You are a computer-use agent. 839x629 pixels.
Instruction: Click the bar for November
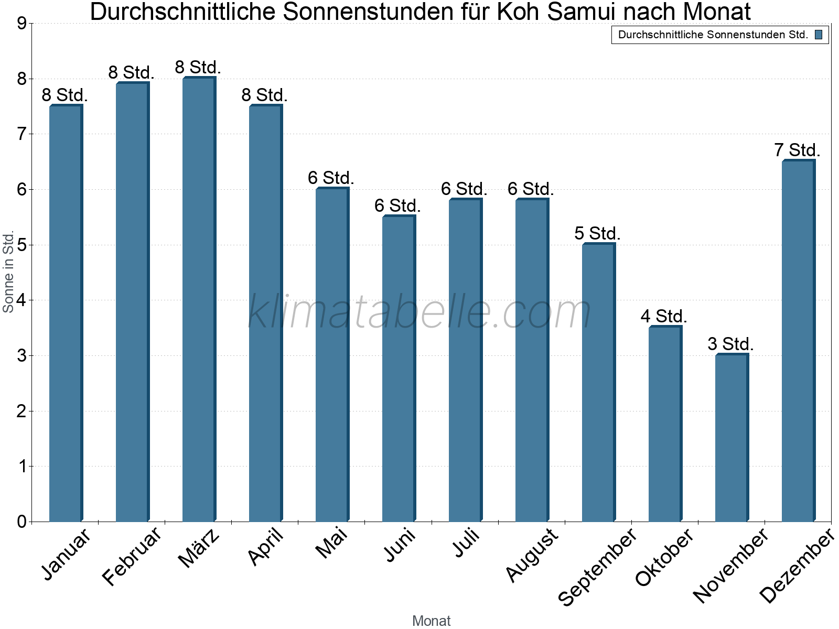click(732, 438)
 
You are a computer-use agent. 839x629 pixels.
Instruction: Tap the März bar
click(199, 299)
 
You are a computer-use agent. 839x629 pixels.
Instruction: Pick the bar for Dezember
click(798, 341)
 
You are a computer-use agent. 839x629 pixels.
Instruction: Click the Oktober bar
click(665, 424)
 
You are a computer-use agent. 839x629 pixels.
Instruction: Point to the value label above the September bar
click(597, 233)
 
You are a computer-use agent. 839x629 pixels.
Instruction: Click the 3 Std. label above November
click(730, 344)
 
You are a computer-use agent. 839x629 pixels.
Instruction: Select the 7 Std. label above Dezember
click(797, 150)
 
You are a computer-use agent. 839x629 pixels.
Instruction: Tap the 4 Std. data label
click(664, 316)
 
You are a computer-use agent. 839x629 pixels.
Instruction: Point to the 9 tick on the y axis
click(21, 24)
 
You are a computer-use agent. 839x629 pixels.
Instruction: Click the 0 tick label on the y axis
click(21, 522)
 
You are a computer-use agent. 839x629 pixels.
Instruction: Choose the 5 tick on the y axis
click(21, 245)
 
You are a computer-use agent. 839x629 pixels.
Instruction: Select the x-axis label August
click(533, 555)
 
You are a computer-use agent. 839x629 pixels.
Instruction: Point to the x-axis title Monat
click(431, 621)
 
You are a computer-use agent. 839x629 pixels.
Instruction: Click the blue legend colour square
click(819, 35)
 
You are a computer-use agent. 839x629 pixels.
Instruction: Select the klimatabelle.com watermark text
click(419, 312)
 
